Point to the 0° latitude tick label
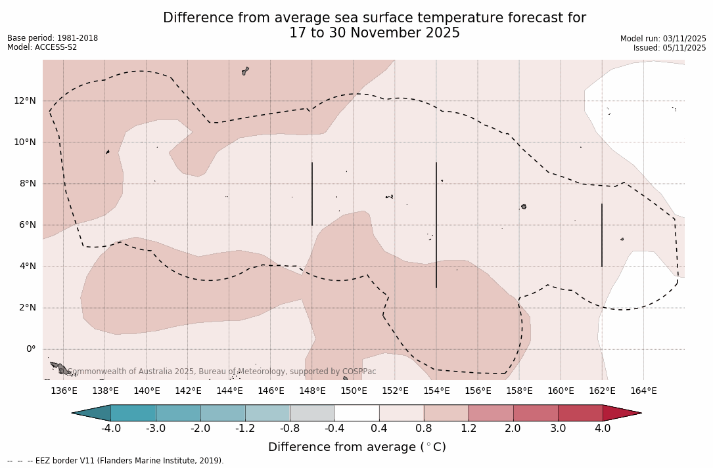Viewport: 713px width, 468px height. click(x=31, y=349)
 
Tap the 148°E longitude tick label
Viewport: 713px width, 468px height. click(x=312, y=391)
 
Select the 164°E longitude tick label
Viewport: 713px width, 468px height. click(x=643, y=391)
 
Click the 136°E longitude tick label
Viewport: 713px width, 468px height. click(x=64, y=391)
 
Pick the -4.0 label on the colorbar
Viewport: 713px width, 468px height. click(x=110, y=429)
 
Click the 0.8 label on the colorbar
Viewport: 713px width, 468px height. click(x=424, y=429)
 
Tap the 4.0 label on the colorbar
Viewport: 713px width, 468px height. click(x=603, y=429)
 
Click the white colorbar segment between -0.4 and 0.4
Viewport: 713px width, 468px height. click(x=357, y=413)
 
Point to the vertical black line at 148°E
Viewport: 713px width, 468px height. click(x=312, y=194)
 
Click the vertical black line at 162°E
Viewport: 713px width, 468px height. click(x=602, y=235)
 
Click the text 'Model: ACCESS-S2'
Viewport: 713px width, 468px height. click(x=42, y=47)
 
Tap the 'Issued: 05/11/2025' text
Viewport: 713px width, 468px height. click(x=670, y=48)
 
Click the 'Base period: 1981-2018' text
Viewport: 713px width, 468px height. click(x=53, y=38)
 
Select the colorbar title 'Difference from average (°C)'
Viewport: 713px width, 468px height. click(x=357, y=447)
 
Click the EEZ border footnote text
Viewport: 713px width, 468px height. click(x=116, y=461)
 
